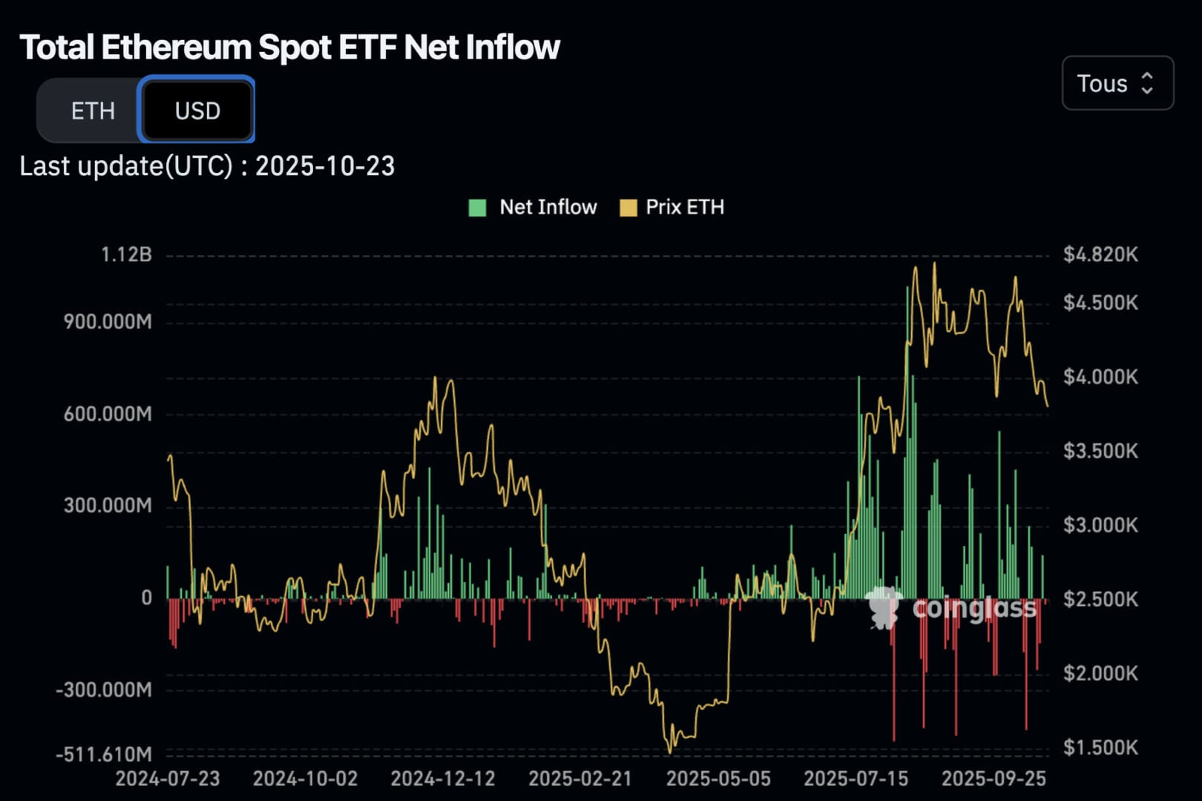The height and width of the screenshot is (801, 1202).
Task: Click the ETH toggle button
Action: pyautogui.click(x=93, y=111)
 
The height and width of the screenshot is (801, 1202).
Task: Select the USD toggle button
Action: pyautogui.click(x=197, y=111)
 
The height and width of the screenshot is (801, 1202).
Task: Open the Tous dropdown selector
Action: pyautogui.click(x=1117, y=83)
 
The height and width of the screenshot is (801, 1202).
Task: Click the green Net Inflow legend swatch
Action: pyautogui.click(x=477, y=208)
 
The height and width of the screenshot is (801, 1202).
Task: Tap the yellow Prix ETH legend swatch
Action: pyautogui.click(x=628, y=208)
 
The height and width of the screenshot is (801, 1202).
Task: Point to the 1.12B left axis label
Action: pyautogui.click(x=126, y=255)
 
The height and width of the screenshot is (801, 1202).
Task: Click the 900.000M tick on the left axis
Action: pyautogui.click(x=108, y=322)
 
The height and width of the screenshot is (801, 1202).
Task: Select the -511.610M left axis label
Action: pyautogui.click(x=104, y=754)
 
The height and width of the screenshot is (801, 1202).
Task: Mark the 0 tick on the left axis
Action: pyautogui.click(x=146, y=598)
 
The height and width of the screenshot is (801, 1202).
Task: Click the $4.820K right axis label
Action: pyautogui.click(x=1100, y=255)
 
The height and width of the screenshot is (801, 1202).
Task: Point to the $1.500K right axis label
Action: pyautogui.click(x=1100, y=748)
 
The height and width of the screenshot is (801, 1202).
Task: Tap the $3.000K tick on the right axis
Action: pyautogui.click(x=1100, y=525)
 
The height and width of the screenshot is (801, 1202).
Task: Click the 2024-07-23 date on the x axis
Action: pyautogui.click(x=168, y=779)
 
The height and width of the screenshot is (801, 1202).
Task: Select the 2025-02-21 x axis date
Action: pyautogui.click(x=580, y=779)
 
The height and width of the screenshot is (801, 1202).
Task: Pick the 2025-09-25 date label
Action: pyautogui.click(x=994, y=779)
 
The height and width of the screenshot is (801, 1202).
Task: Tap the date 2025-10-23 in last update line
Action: pyautogui.click(x=325, y=166)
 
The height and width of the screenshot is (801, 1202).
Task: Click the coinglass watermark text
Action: pyautogui.click(x=973, y=608)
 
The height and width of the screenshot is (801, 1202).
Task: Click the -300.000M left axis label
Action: pyautogui.click(x=104, y=690)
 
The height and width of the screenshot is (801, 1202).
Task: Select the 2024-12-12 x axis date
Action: pyautogui.click(x=443, y=779)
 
